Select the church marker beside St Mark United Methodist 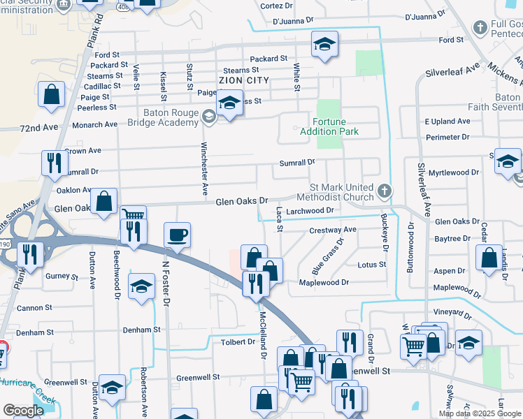[384, 191]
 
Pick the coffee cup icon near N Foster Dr [178, 234]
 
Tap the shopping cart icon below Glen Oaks [133, 215]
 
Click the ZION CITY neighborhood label [243, 81]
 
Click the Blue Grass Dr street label [327, 257]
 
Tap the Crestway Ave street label [333, 230]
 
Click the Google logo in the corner [23, 411]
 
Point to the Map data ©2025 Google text [480, 413]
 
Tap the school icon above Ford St [324, 44]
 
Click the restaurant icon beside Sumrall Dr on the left [54, 163]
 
